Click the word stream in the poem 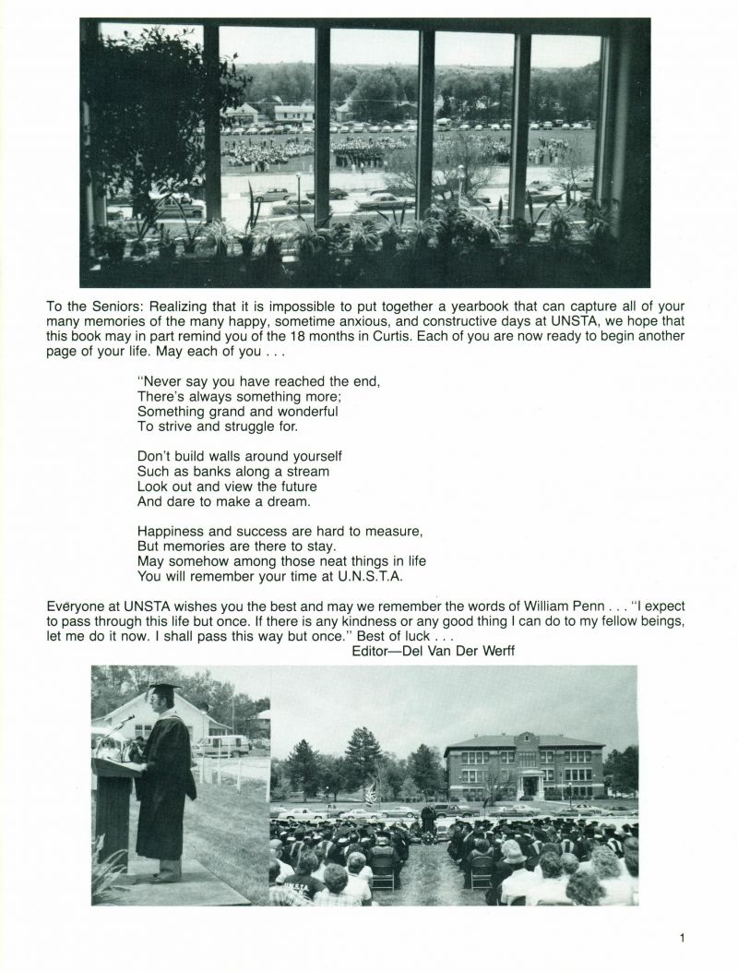[x=304, y=471]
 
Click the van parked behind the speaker [x=221, y=745]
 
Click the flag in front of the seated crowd [x=371, y=794]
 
